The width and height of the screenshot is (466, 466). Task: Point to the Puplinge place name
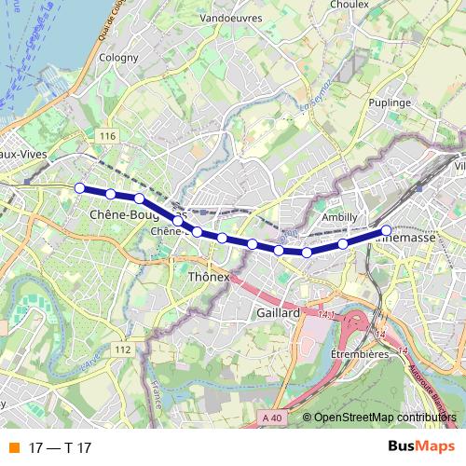pyautogui.click(x=390, y=102)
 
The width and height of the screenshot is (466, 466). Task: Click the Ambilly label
pyautogui.click(x=339, y=217)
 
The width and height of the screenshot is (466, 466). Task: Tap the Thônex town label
pyautogui.click(x=209, y=278)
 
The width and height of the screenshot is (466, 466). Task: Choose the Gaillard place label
pyautogui.click(x=277, y=314)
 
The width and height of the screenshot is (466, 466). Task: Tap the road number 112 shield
pyautogui.click(x=123, y=349)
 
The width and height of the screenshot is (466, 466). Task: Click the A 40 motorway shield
pyautogui.click(x=271, y=418)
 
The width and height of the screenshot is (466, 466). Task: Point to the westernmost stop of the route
pyautogui.click(x=80, y=187)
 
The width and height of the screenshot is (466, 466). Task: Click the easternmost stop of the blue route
pyautogui.click(x=386, y=229)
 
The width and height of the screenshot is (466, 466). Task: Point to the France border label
pyautogui.click(x=158, y=402)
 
